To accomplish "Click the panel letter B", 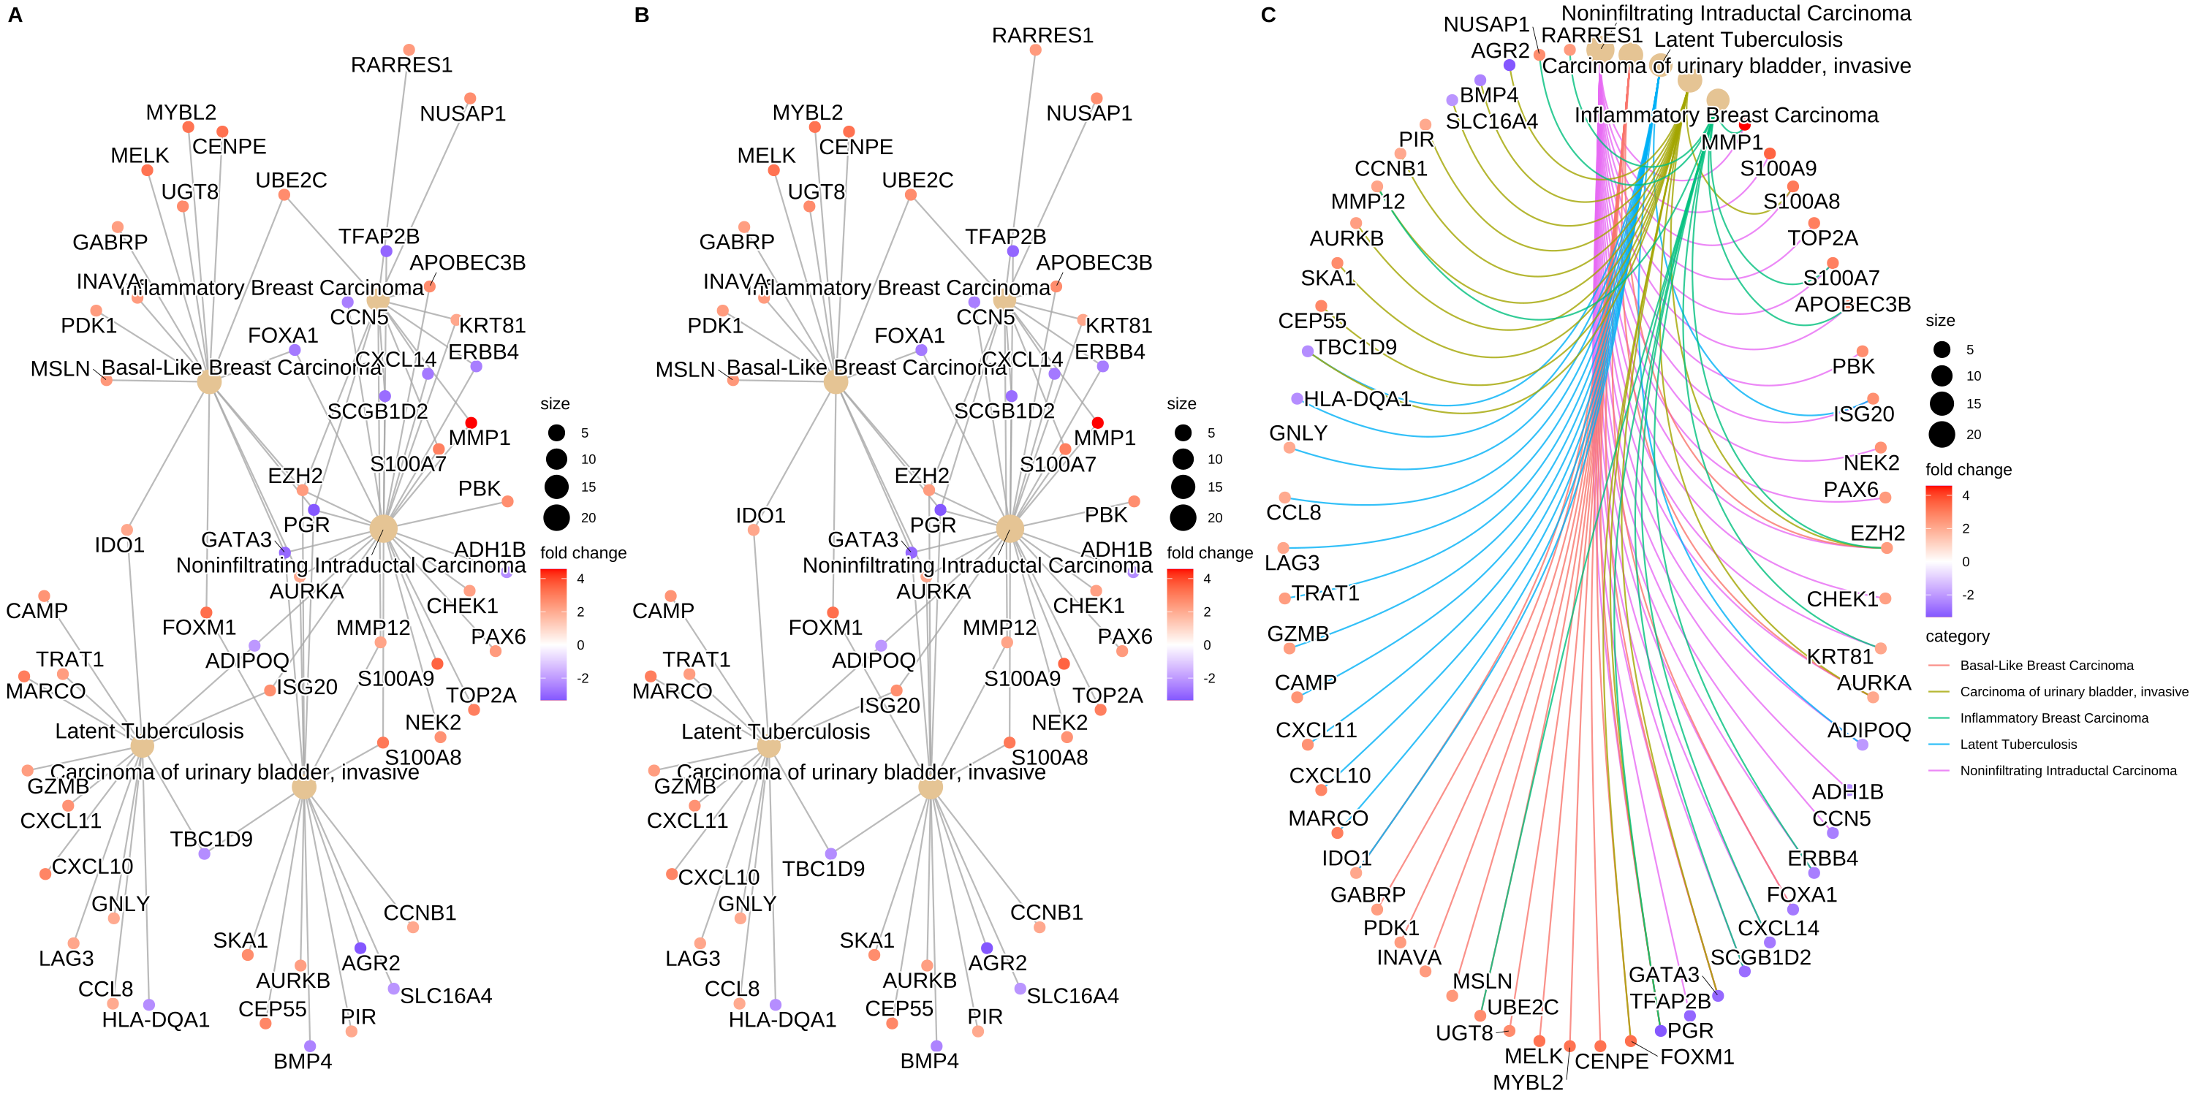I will coord(642,15).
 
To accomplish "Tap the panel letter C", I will coord(1268,15).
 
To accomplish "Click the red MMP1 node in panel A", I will coord(471,423).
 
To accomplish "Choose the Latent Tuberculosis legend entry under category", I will coord(2018,745).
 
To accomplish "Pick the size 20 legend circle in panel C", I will coord(1942,434).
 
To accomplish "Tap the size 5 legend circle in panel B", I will coord(1183,433).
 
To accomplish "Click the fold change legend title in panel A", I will coord(583,553).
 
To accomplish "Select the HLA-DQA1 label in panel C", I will coord(1357,398).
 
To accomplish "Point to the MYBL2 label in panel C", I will coord(1528,1082).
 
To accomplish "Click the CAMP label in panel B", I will coord(663,611).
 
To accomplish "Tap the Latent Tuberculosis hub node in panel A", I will coord(142,747).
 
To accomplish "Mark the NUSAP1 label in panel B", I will coord(1089,113).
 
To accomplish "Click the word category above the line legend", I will coord(1957,636).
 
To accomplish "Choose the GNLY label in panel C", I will coord(1298,433).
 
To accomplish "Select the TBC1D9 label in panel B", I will coord(823,869).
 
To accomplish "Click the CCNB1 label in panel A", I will coord(420,913).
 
